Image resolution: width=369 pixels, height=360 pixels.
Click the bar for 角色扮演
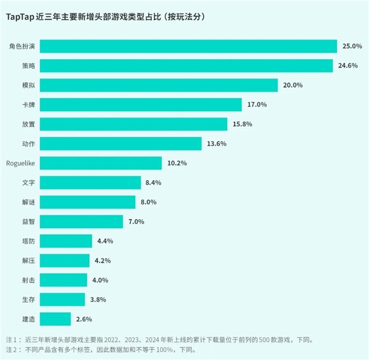click(188, 46)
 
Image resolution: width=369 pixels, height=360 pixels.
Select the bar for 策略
click(187, 66)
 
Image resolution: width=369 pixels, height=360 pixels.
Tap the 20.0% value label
click(292, 85)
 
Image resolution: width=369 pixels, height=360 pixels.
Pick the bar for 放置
click(134, 124)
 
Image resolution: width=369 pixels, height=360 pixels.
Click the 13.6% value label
click(216, 144)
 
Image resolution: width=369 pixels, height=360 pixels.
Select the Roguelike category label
click(21, 163)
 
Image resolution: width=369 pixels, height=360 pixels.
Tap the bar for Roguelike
click(101, 163)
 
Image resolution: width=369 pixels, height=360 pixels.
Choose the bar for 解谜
click(88, 202)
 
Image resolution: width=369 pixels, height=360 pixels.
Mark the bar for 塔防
click(66, 241)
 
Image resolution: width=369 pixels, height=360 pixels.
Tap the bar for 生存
click(64, 299)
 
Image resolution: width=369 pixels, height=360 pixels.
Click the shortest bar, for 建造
click(56, 319)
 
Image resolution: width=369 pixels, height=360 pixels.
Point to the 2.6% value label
click(83, 319)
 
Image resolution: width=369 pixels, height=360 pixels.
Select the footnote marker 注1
click(11, 340)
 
